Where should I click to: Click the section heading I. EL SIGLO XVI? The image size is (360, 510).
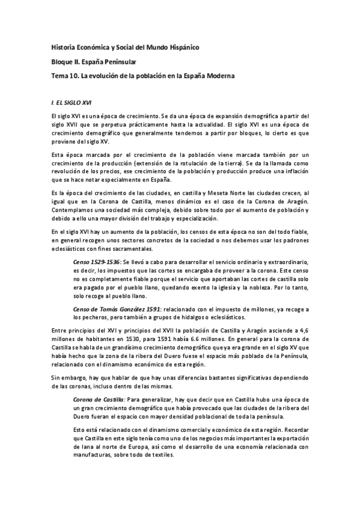point(72,103)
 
